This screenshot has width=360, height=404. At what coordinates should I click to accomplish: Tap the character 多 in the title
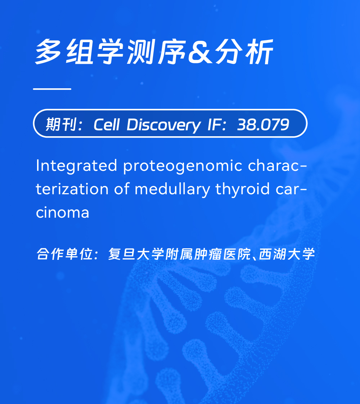point(48,52)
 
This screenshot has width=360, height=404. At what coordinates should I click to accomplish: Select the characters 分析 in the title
point(244,52)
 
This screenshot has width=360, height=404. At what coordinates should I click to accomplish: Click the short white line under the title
point(52,89)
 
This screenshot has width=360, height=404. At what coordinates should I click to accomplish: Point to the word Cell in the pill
point(107,125)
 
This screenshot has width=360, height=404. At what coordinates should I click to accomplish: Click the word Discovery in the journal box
point(163,125)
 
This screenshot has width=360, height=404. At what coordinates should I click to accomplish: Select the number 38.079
point(263,125)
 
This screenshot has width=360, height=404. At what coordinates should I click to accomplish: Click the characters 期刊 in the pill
point(61,125)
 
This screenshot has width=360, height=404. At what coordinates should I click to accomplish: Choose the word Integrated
point(76,165)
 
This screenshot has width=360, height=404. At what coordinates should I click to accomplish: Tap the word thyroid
point(242,189)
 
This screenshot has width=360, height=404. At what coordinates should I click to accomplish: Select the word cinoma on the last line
point(63,213)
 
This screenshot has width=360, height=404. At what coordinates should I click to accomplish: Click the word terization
point(72,189)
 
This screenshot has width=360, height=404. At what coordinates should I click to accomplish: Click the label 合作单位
point(64,254)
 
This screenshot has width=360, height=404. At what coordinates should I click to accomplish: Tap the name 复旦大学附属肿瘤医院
point(179,254)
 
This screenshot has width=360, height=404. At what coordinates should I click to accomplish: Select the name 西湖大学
point(287,254)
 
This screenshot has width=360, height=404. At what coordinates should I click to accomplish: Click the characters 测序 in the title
point(156,52)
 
